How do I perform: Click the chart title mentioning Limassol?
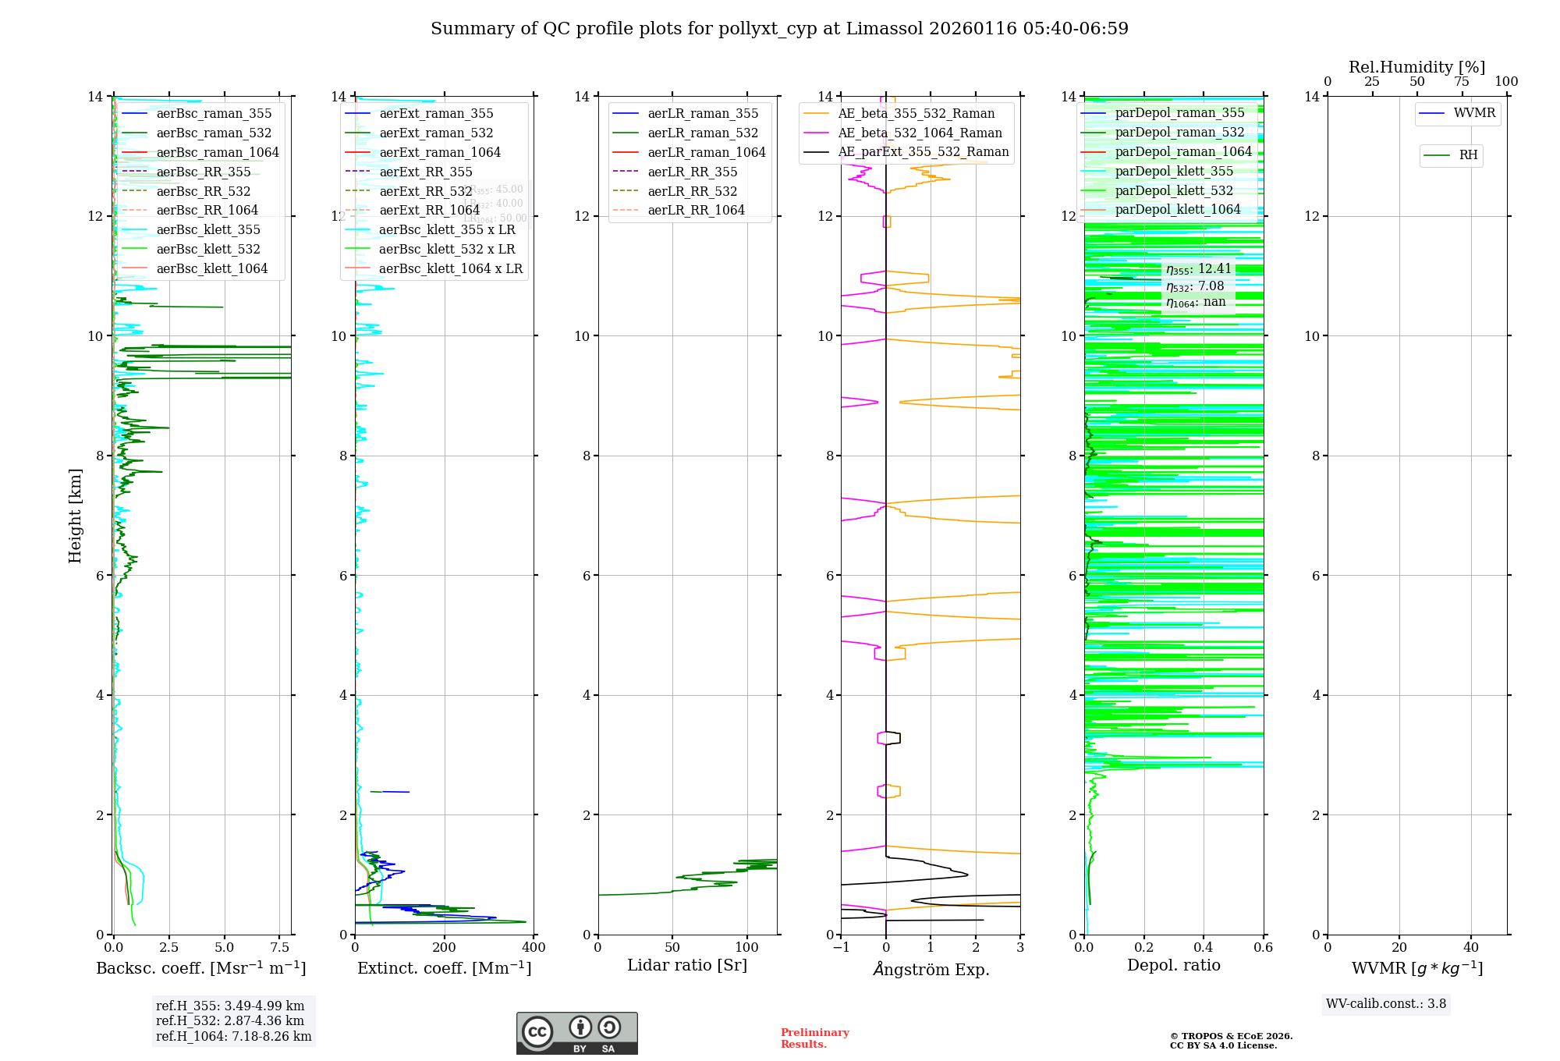coord(779,29)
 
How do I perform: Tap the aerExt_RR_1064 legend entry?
coord(429,210)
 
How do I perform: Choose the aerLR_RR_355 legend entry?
coord(692,172)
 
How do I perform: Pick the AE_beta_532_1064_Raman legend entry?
coord(920,133)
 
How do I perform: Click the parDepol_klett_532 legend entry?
coord(1174,191)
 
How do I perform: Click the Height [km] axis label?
coord(75,516)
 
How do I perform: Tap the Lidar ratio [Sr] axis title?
coord(687,966)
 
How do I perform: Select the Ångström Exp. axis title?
coord(931,970)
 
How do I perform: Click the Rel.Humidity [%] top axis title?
coord(1416,67)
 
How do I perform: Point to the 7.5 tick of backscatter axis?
coord(280,948)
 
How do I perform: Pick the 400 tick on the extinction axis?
coord(534,948)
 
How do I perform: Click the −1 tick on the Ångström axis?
coord(841,948)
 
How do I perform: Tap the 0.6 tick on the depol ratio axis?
coord(1263,948)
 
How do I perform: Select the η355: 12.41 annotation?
coord(1199,269)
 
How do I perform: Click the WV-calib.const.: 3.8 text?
coord(1386,1004)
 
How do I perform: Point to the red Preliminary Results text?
coord(814,1038)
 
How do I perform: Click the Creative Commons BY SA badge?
coord(576,1034)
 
